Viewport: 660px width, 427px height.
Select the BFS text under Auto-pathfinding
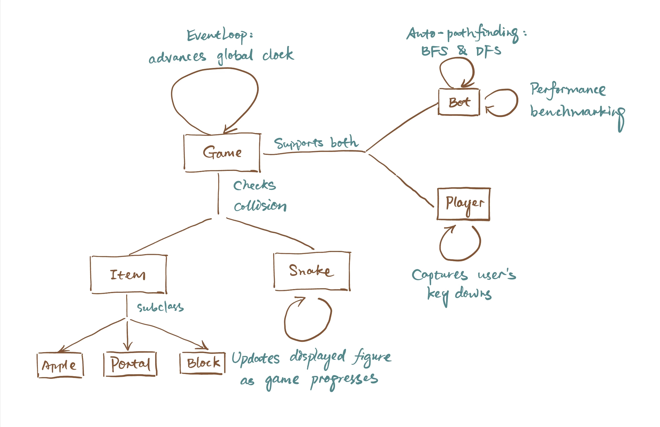tap(434, 51)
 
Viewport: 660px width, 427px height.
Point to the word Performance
tap(568, 90)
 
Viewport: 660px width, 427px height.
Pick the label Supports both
tap(316, 143)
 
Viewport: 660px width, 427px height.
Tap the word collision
tap(260, 205)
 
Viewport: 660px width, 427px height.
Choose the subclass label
tap(160, 307)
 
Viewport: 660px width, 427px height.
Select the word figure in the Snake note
tap(372, 357)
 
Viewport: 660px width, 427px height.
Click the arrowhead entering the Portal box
tap(128, 346)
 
